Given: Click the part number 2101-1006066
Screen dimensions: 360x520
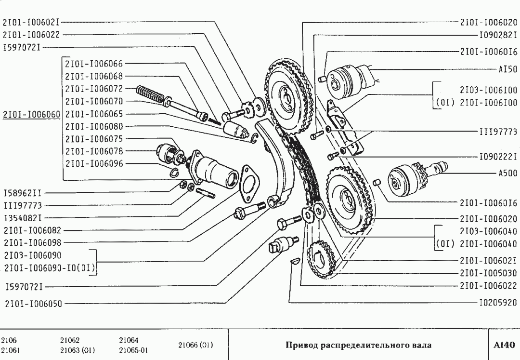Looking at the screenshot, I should click(94, 64).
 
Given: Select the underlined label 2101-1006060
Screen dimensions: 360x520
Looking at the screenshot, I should click(31, 114).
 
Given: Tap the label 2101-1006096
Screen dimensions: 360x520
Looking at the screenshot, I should click(94, 164).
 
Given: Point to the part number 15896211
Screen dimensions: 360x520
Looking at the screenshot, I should click(22, 193).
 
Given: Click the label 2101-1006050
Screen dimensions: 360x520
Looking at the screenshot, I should click(33, 304).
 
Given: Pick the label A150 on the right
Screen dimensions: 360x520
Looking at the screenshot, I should click(507, 69).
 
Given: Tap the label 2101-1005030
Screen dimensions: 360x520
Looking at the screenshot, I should click(488, 273).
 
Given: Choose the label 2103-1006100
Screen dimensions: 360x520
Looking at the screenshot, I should click(488, 90).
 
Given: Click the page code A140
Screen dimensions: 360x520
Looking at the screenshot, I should click(504, 345).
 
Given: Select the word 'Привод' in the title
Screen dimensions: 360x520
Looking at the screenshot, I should click(300, 345).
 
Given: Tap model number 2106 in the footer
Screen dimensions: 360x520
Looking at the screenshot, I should click(9, 340).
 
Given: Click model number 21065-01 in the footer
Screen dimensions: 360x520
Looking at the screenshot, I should click(133, 350).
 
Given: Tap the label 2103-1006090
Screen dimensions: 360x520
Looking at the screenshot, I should click(32, 255).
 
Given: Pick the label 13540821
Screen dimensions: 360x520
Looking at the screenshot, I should click(22, 218).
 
